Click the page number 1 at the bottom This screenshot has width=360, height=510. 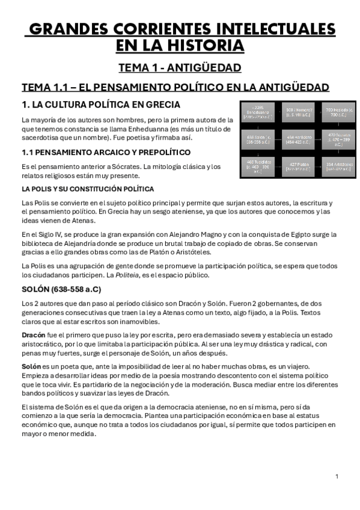coord(337,476)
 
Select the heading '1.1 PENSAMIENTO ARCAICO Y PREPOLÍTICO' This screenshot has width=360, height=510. coord(105,152)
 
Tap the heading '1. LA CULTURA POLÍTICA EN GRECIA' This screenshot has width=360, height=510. coord(100,105)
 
